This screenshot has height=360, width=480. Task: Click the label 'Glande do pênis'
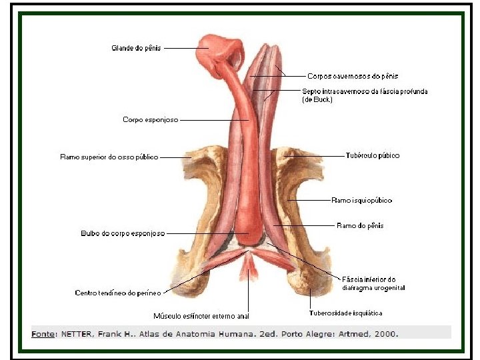[135, 48]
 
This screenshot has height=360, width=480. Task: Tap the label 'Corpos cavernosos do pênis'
[353, 77]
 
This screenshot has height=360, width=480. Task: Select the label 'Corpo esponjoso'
[150, 120]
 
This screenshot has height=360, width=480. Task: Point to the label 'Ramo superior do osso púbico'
[109, 157]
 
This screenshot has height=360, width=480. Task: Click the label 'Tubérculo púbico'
[373, 156]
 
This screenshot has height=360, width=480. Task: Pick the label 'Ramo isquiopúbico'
[361, 200]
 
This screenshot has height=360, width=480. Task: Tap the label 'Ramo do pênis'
[360, 226]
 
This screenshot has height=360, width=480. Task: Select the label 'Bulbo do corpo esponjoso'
[123, 234]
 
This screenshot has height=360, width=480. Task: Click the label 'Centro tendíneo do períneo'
[118, 293]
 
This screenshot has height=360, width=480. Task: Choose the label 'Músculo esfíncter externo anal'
[201, 316]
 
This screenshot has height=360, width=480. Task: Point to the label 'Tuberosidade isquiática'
[345, 313]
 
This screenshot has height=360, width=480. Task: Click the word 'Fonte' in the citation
[43, 333]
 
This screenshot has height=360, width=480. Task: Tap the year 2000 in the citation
[387, 333]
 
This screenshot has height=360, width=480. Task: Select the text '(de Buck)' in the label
[317, 100]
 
